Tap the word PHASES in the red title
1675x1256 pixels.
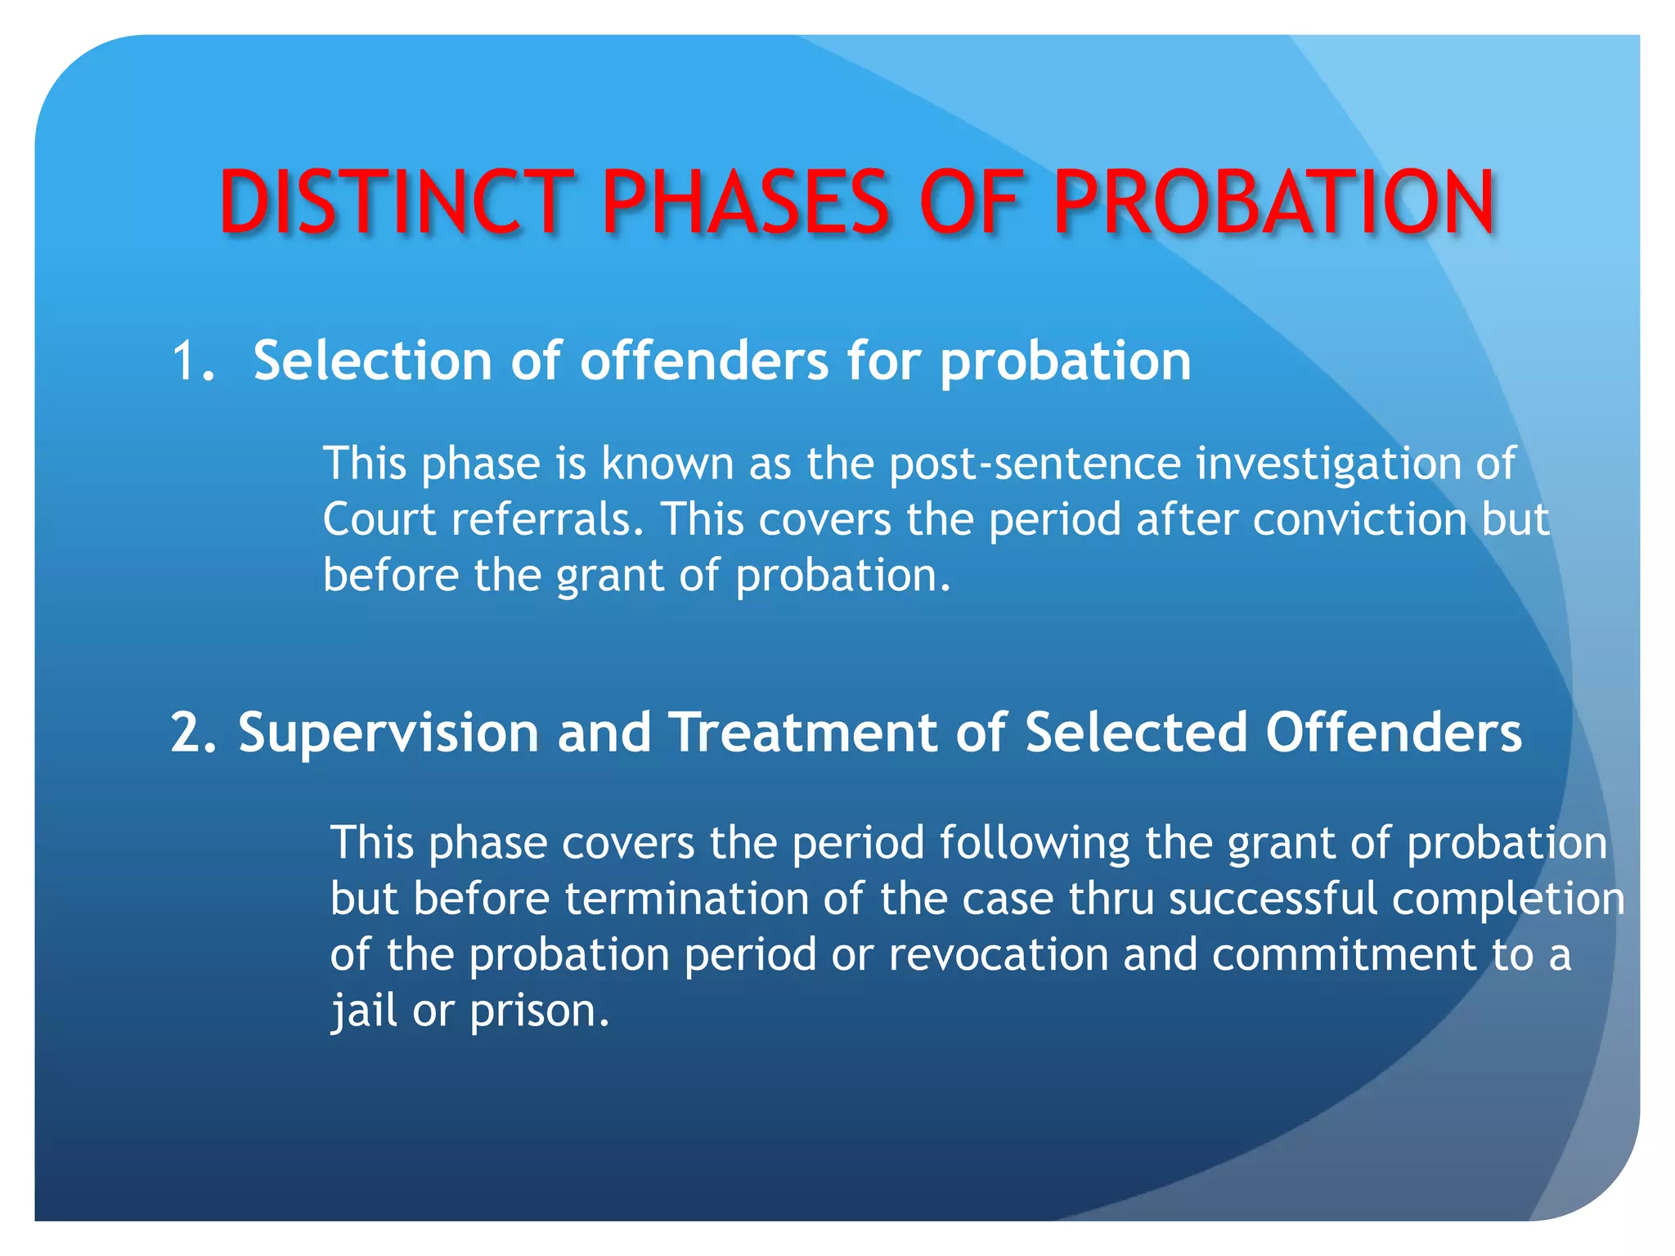(x=745, y=201)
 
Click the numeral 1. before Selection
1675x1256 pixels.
(x=194, y=361)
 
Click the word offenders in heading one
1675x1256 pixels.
(x=704, y=361)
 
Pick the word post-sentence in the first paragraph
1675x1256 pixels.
(x=1035, y=464)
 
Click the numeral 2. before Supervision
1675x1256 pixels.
(x=195, y=732)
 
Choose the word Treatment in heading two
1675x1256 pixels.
(x=803, y=732)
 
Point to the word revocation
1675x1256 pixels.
(x=998, y=954)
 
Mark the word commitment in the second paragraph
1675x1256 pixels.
(x=1344, y=954)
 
